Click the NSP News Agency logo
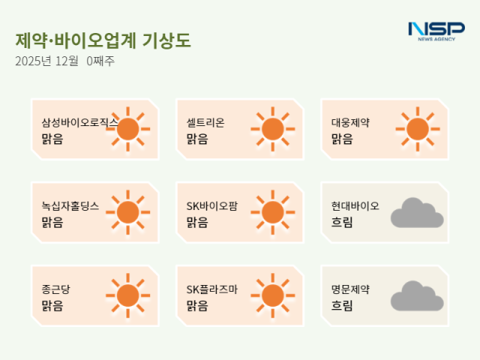click(x=436, y=31)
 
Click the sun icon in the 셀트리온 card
click(x=272, y=129)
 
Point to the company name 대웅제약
click(x=351, y=122)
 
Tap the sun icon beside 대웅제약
click(x=417, y=129)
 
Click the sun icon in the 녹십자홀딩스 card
click(x=127, y=212)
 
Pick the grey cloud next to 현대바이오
click(x=416, y=213)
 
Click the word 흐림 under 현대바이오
click(x=341, y=222)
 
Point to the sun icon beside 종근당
click(x=127, y=295)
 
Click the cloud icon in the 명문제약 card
click(x=416, y=296)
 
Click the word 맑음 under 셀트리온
click(x=196, y=139)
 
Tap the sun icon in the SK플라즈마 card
click(x=272, y=295)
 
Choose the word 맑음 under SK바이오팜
click(x=196, y=222)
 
